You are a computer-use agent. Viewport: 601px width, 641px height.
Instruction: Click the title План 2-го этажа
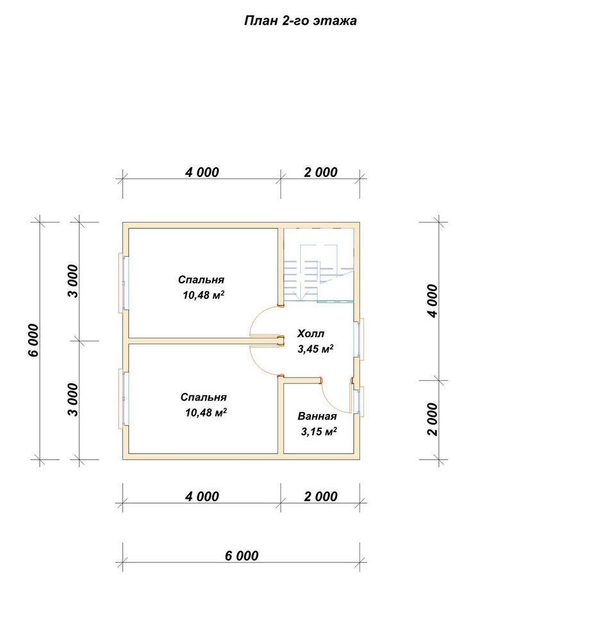click(x=300, y=21)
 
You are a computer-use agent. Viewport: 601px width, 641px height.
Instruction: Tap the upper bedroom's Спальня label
click(x=201, y=279)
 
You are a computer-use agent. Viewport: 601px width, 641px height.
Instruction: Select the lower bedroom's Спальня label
click(x=204, y=397)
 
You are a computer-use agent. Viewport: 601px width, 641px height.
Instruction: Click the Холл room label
click(x=311, y=333)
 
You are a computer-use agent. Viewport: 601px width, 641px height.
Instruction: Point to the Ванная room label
click(x=317, y=416)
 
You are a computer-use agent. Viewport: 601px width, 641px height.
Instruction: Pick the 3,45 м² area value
click(x=315, y=349)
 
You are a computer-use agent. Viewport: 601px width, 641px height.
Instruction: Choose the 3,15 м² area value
click(x=318, y=431)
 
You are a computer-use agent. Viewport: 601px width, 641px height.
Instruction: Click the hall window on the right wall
click(x=359, y=339)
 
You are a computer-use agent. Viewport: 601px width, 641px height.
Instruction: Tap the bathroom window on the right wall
click(x=359, y=401)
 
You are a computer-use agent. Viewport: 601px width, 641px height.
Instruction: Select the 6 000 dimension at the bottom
click(x=242, y=556)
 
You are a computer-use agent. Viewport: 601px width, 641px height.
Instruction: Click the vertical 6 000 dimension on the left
click(x=33, y=340)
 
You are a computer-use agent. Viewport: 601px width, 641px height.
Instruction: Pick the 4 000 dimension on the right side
click(x=432, y=301)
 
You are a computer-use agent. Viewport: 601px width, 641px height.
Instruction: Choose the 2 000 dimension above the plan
click(x=321, y=172)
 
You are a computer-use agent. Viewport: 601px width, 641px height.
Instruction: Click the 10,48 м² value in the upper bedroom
click(x=204, y=295)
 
